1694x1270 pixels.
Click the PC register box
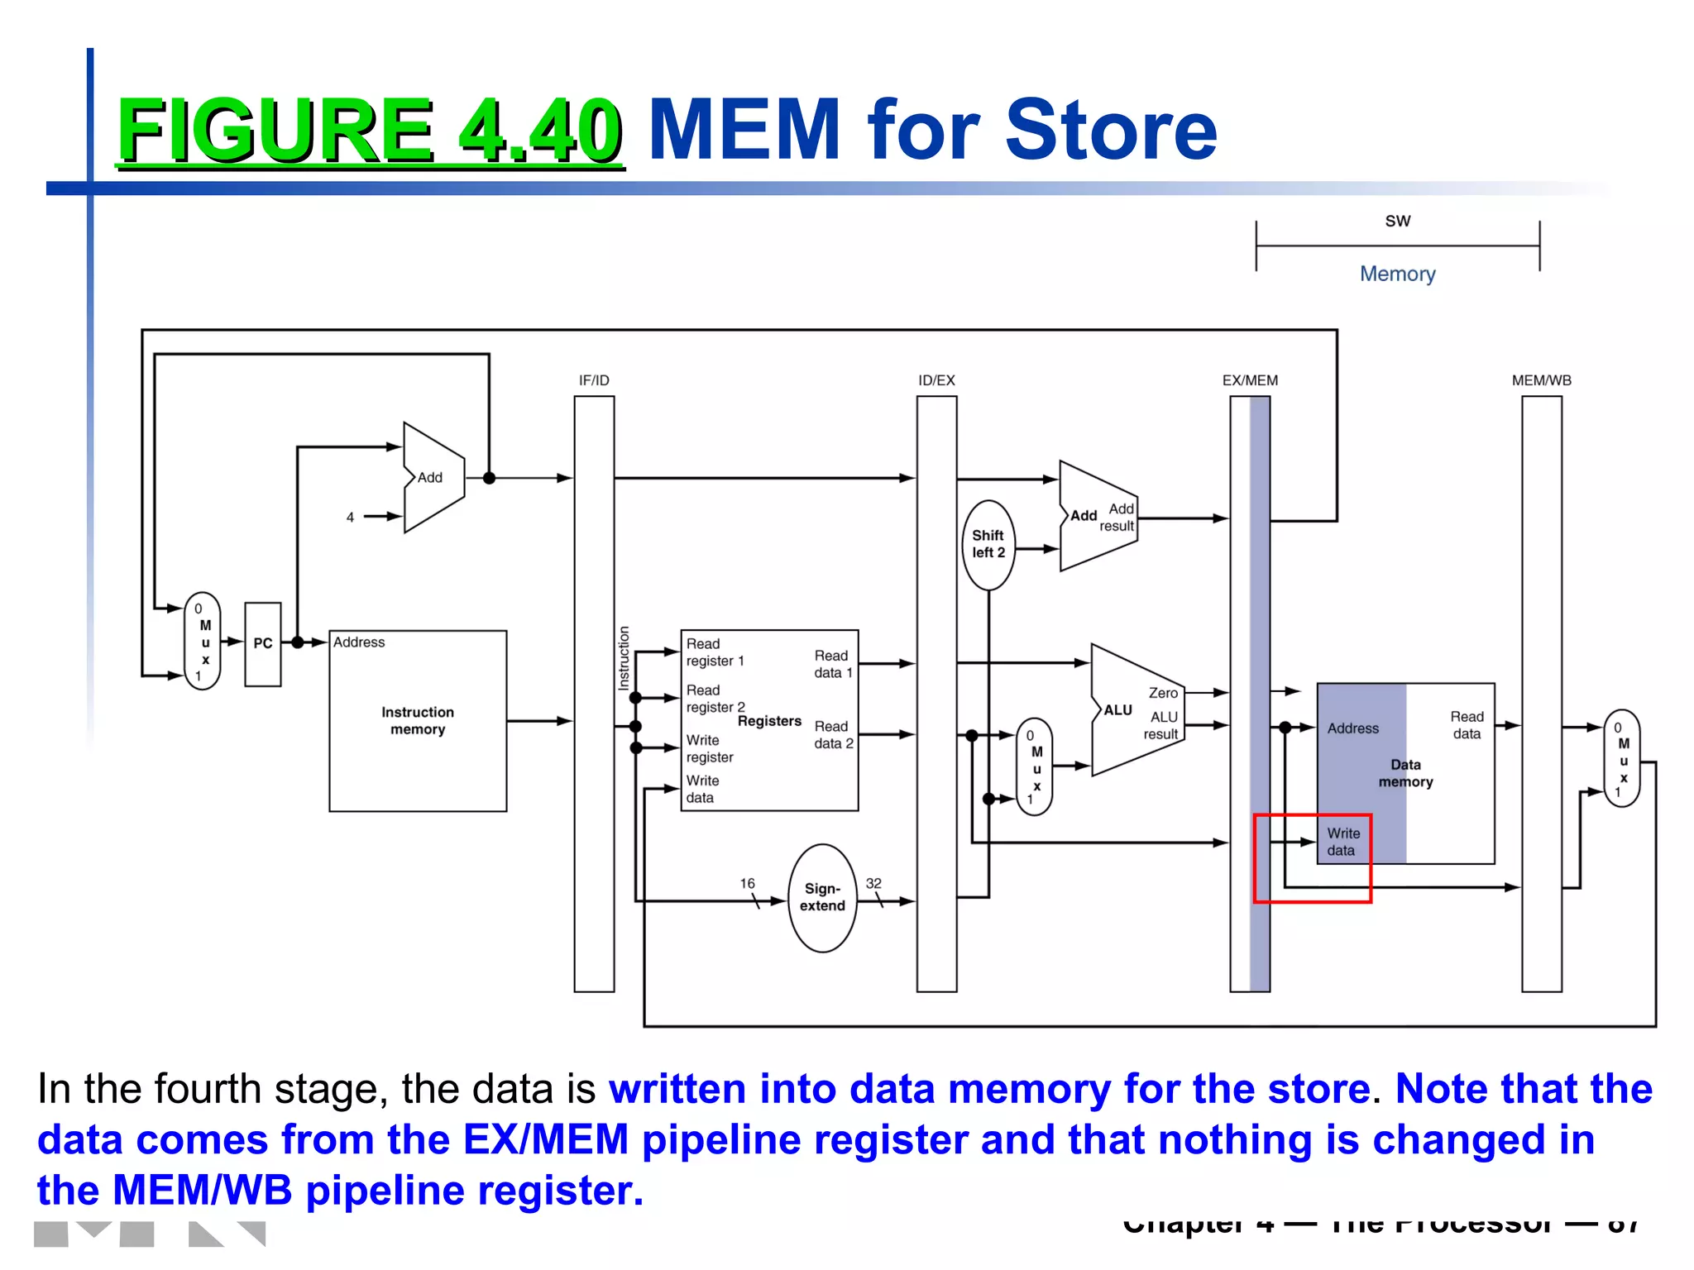(x=263, y=643)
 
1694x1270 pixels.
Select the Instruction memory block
(x=418, y=720)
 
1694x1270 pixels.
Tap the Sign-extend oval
(x=822, y=897)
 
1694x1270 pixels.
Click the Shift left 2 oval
(x=988, y=544)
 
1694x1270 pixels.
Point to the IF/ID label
(x=594, y=380)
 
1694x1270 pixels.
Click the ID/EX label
(x=936, y=380)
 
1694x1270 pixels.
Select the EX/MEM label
(x=1250, y=380)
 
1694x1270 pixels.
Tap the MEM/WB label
(x=1542, y=380)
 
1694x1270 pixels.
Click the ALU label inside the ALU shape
(x=1118, y=710)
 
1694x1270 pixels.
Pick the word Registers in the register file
(x=769, y=721)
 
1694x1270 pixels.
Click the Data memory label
(x=1405, y=773)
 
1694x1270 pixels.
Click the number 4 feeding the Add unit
(x=350, y=517)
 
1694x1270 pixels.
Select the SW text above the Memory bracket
(x=1398, y=221)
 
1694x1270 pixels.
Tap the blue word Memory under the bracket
(x=1398, y=274)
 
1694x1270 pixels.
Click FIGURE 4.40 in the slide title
(x=370, y=130)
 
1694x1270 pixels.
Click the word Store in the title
(x=1111, y=130)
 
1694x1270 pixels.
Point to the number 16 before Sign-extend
(x=747, y=883)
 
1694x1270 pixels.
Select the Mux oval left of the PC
(x=203, y=642)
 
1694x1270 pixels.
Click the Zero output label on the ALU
(x=1163, y=693)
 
